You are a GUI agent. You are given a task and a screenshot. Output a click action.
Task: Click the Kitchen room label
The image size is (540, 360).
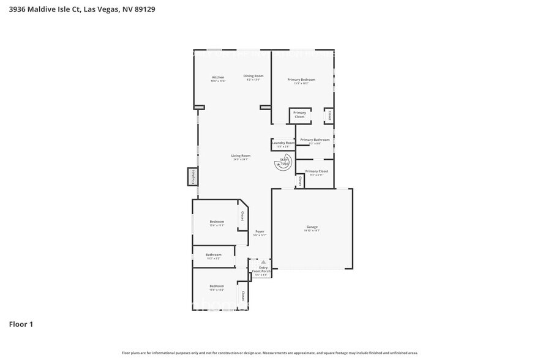click(218, 77)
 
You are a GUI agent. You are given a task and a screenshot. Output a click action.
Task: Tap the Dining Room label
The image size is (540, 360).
click(253, 76)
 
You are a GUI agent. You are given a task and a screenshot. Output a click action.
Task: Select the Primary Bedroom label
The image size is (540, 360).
click(301, 80)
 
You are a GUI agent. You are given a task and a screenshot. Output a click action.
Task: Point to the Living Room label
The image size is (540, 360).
click(240, 156)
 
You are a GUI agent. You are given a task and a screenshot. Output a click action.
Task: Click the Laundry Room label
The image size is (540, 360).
click(283, 143)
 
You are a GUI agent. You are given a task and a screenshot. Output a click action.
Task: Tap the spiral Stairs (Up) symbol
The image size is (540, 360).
click(283, 163)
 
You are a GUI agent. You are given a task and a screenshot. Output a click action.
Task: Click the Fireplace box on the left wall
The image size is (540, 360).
click(192, 177)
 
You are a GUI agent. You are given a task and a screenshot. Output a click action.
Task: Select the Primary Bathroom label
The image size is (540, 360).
click(315, 140)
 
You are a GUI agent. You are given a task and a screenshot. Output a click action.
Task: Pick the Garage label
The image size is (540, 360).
click(312, 227)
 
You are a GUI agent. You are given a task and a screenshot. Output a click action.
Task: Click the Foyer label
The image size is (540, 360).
click(260, 231)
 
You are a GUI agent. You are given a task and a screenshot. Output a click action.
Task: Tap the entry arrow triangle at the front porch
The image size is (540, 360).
click(263, 261)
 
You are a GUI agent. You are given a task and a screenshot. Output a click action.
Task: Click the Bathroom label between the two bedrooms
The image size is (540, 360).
click(213, 255)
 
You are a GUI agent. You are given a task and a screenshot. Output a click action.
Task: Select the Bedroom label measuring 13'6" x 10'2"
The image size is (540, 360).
click(217, 286)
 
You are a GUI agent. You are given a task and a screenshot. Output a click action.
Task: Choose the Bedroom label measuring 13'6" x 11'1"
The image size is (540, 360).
click(217, 222)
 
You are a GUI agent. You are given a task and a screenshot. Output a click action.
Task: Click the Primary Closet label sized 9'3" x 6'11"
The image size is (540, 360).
click(317, 171)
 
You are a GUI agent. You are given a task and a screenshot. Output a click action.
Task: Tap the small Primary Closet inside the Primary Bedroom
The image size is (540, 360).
click(299, 114)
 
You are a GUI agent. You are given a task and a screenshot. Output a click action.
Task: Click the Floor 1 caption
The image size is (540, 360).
click(21, 324)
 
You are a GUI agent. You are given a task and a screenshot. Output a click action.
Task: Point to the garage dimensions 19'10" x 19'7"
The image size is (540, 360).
click(312, 231)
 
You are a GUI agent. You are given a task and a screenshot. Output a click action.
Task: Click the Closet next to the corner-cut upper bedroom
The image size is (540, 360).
click(242, 216)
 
